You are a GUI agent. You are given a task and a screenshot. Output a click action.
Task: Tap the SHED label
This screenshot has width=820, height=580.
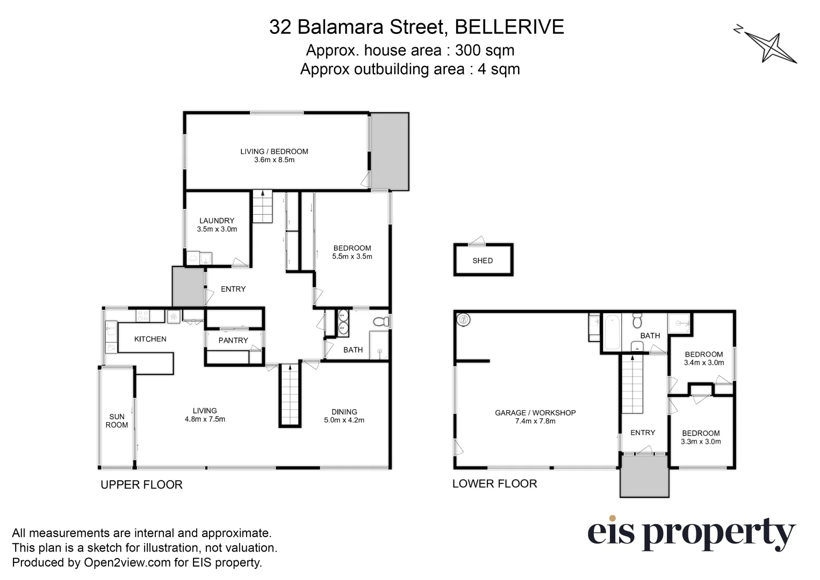483,260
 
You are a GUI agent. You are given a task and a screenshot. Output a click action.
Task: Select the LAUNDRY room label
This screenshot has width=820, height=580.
217,220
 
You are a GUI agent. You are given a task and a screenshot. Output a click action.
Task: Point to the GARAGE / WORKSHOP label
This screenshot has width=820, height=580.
535,413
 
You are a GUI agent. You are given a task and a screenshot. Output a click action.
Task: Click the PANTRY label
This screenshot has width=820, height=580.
233,340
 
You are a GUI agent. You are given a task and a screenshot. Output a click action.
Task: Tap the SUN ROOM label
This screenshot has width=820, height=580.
117,421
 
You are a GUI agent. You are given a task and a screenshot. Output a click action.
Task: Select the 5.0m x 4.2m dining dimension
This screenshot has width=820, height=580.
344,420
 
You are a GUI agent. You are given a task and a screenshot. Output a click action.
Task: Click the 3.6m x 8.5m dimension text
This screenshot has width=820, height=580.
274,160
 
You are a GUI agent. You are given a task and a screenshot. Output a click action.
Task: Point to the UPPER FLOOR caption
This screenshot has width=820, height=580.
142,484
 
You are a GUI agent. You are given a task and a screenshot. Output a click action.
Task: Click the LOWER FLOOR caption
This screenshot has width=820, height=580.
494,483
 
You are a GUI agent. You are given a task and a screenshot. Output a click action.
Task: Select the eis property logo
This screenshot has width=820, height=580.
690,533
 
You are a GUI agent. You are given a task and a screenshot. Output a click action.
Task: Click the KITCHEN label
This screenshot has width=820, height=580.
150,339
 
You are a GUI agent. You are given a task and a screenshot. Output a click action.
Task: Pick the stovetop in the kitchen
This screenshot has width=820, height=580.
142,316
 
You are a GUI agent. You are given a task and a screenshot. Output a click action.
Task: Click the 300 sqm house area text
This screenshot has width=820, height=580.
485,50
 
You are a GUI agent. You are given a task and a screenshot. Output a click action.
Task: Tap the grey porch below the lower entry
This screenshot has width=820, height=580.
644,476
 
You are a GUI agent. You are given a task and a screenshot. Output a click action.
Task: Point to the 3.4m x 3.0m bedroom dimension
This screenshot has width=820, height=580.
704,363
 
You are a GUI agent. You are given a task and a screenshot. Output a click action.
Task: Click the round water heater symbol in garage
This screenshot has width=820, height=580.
463,321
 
